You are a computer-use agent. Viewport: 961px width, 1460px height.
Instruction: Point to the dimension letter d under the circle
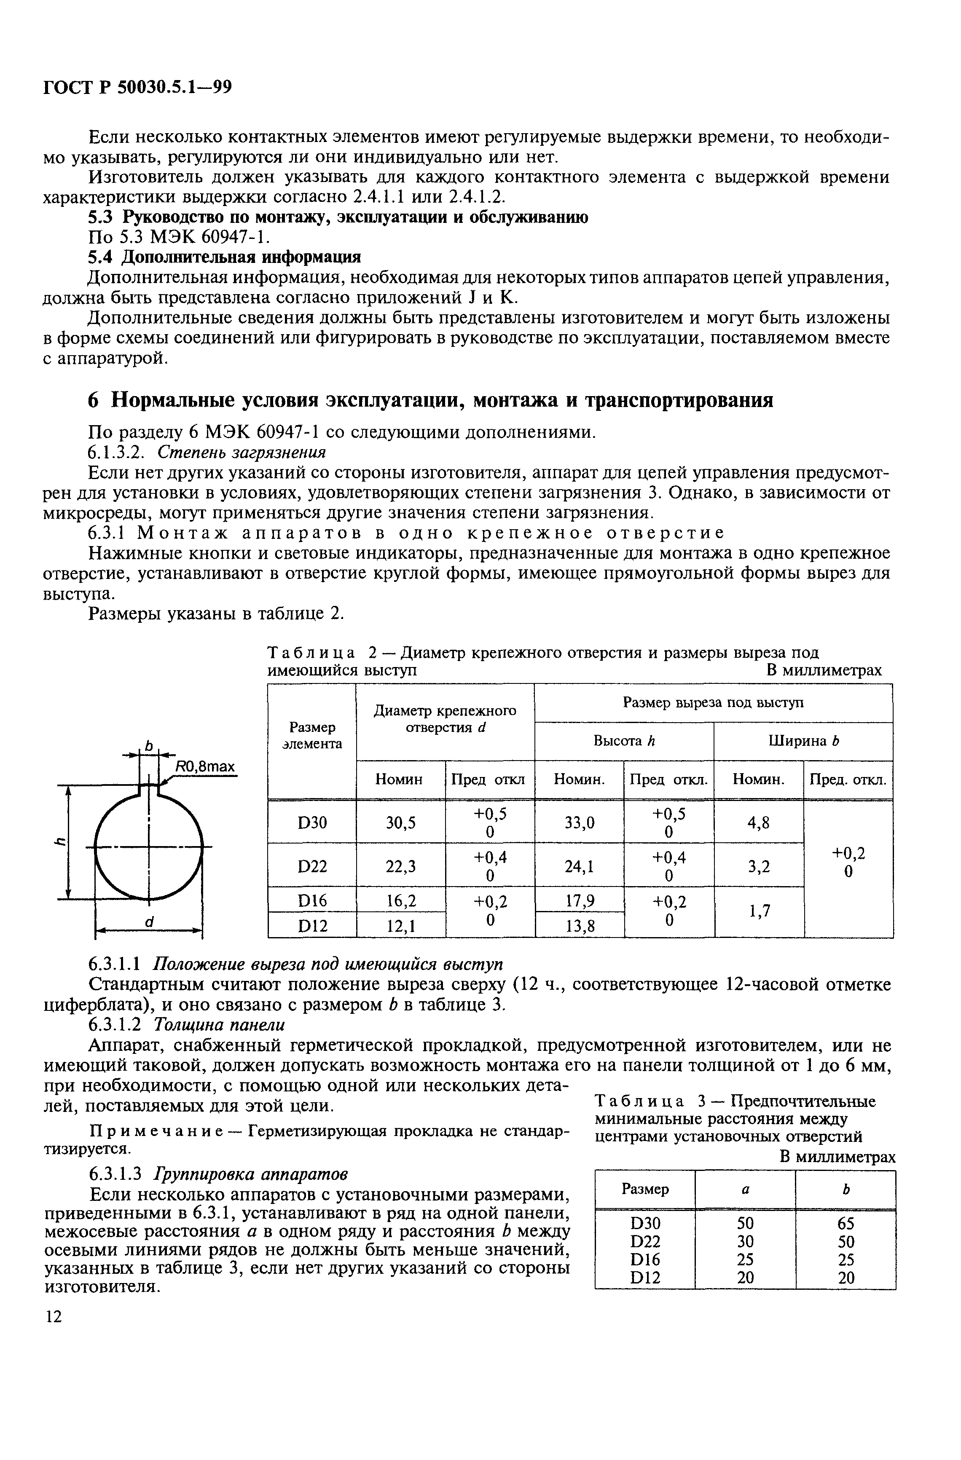coord(148,922)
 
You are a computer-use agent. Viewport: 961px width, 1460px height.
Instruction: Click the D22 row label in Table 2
coord(312,866)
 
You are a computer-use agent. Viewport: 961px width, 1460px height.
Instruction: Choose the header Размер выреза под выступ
coord(713,702)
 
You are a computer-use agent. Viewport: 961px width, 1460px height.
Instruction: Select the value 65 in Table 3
coord(845,1223)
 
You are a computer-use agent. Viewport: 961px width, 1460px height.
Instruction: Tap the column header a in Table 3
coord(745,1189)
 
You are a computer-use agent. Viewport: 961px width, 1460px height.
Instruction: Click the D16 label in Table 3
coord(645,1259)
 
